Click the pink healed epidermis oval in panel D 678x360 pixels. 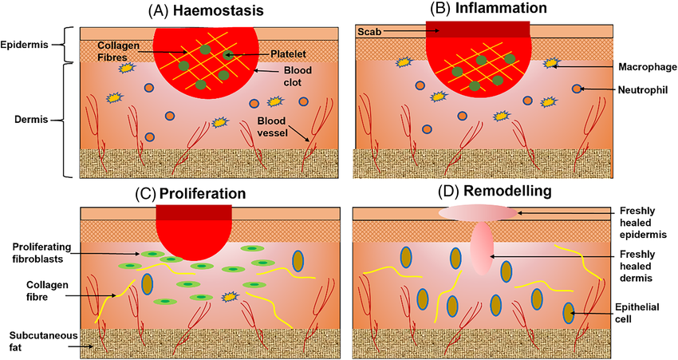pyautogui.click(x=477, y=213)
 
